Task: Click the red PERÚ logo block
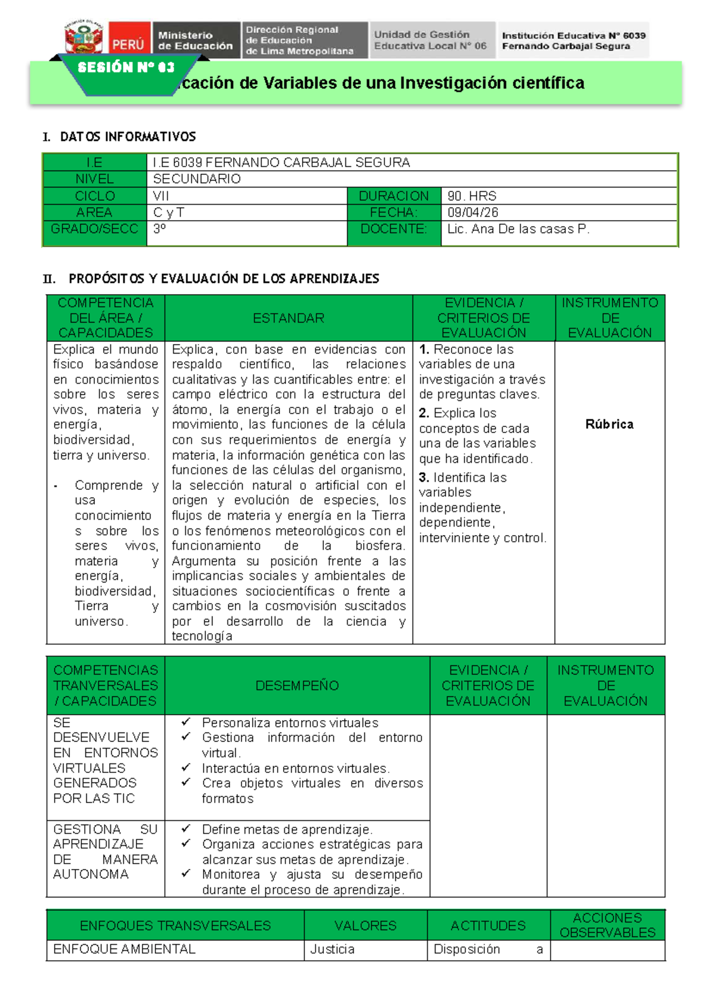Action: (129, 40)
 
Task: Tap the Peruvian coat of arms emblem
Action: (84, 39)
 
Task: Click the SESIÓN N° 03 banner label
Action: (126, 67)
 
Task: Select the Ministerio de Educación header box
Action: (195, 40)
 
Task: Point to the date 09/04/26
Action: (473, 212)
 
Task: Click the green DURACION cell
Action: (393, 196)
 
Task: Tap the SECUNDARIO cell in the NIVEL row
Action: (197, 179)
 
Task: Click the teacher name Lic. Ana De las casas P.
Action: (518, 229)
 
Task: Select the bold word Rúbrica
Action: (609, 424)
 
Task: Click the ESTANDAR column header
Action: (288, 319)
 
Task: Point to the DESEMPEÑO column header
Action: (297, 686)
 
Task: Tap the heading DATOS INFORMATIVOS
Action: (128, 137)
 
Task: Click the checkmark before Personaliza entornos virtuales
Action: (186, 722)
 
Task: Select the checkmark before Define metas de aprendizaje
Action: (186, 829)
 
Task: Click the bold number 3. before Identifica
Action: (424, 477)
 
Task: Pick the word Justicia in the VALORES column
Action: (332, 949)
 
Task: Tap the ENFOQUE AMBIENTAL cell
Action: (124, 949)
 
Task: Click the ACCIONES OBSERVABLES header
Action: (607, 925)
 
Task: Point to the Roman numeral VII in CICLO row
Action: (161, 196)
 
